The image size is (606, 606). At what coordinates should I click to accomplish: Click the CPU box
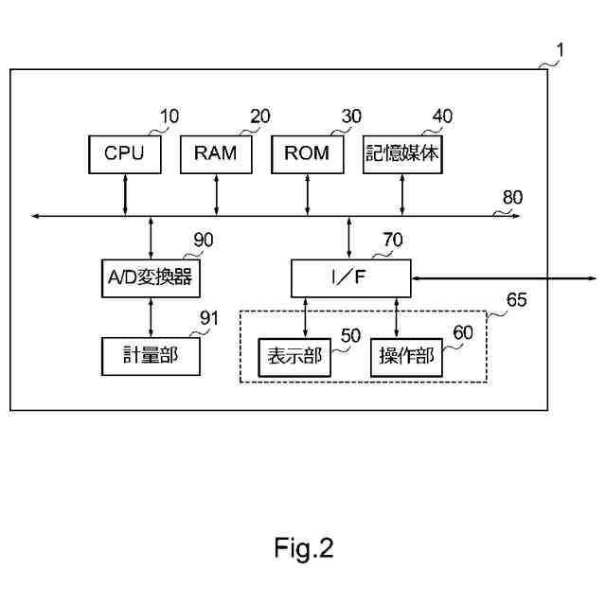click(124, 154)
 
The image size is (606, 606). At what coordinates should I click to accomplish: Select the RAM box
click(216, 154)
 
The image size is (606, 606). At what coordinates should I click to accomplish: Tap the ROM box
click(307, 154)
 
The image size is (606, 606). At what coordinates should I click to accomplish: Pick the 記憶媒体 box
click(402, 154)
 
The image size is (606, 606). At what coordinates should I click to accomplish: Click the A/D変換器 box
click(151, 278)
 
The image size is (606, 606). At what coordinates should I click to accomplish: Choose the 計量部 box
click(151, 356)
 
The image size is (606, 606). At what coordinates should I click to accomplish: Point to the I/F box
click(351, 278)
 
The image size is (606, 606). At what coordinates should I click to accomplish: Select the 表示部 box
click(294, 358)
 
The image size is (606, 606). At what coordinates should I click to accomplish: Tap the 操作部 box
click(406, 358)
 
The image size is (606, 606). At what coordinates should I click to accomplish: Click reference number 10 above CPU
click(169, 116)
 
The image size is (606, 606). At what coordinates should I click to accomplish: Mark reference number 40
click(442, 116)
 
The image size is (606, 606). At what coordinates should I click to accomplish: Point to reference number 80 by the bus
click(512, 197)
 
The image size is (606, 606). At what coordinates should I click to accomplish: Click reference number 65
click(516, 299)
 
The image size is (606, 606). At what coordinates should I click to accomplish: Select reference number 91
click(209, 318)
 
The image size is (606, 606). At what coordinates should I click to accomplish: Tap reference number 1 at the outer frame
click(560, 50)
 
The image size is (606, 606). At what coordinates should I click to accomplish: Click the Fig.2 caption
click(304, 548)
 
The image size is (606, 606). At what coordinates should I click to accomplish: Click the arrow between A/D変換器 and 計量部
click(151, 318)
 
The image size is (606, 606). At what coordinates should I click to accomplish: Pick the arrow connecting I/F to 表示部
click(305, 318)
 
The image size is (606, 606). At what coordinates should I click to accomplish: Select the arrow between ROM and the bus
click(307, 195)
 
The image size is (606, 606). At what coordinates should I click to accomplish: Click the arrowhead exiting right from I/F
click(593, 278)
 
